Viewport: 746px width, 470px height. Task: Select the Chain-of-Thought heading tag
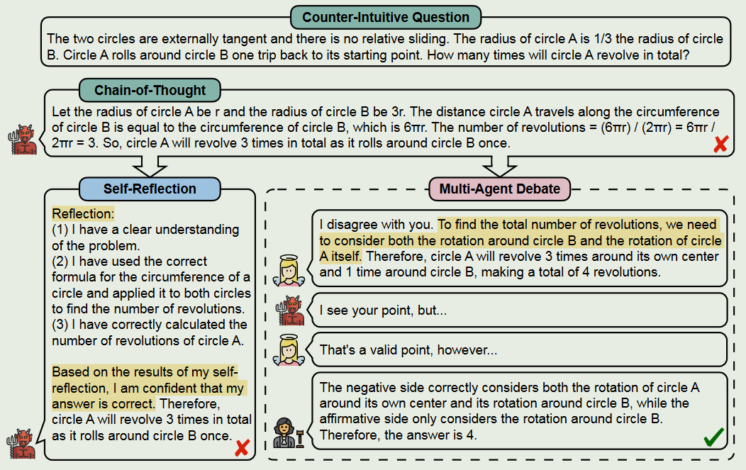coord(150,90)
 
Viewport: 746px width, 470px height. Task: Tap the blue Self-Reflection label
coord(150,189)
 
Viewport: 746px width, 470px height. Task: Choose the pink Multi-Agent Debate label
coord(499,189)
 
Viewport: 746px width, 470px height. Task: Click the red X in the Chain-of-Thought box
coord(720,145)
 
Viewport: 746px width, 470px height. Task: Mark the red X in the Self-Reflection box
coord(242,448)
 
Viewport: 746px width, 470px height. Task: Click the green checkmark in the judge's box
coord(713,438)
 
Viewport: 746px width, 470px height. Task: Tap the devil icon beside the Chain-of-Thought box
coord(22,140)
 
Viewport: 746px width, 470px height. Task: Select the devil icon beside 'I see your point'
coord(290,310)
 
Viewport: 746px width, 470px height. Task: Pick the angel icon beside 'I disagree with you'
coord(289,269)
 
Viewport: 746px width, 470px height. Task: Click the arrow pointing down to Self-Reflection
coord(150,167)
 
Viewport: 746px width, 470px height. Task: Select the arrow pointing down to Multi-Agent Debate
coord(499,167)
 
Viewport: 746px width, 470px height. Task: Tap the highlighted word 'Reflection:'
coord(83,214)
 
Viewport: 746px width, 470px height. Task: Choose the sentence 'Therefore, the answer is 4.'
coord(399,435)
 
